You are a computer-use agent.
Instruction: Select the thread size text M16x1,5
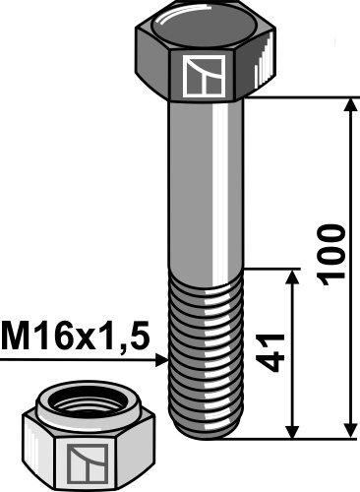click(x=75, y=338)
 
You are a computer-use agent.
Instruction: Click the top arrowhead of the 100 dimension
click(x=349, y=104)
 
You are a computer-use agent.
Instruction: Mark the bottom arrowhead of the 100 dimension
click(x=349, y=431)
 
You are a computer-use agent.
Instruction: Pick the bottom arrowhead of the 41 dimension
click(x=292, y=431)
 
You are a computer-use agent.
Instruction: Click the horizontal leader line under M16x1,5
click(x=79, y=361)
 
